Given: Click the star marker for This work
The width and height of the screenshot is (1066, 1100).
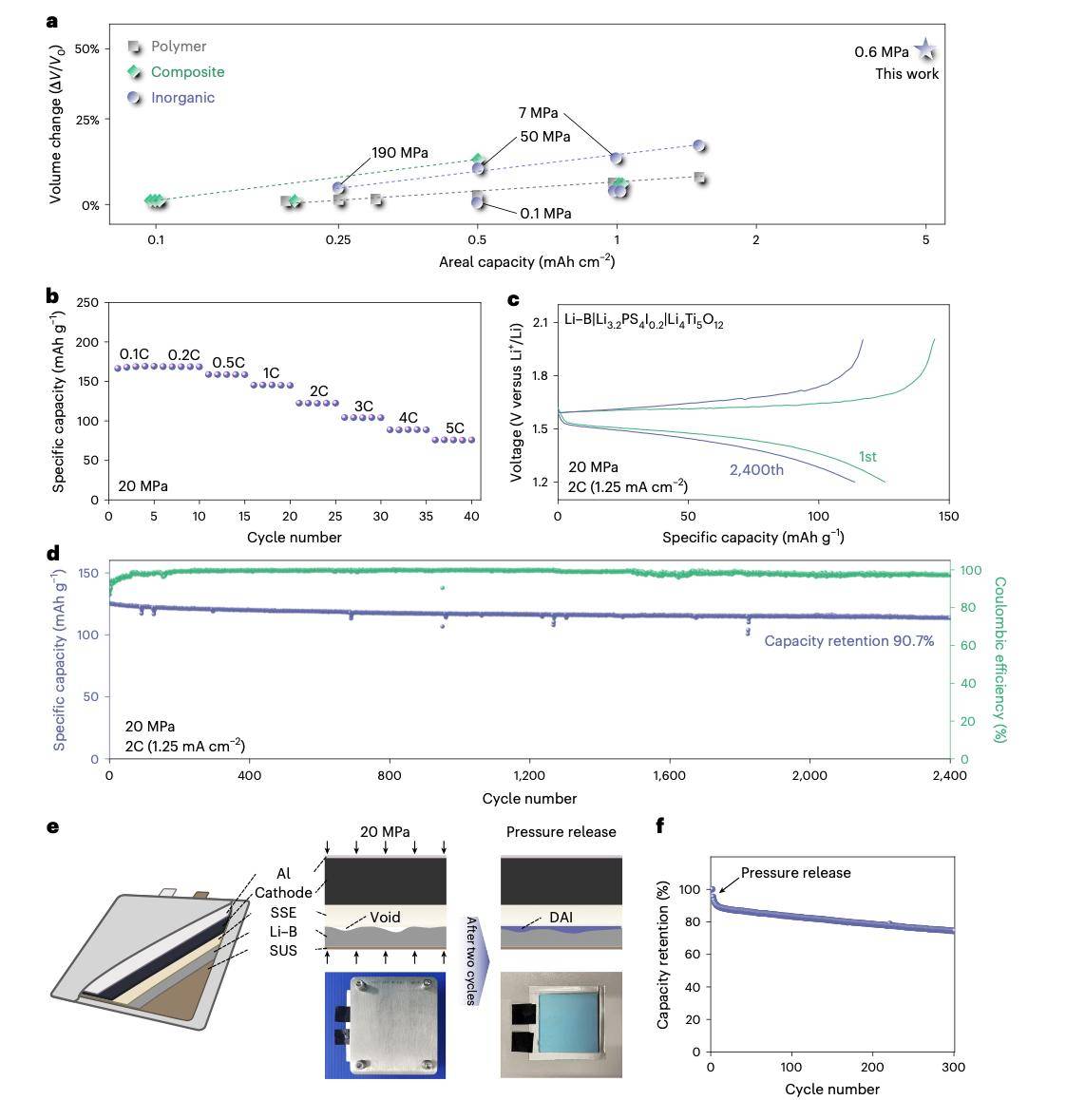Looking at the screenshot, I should (924, 50).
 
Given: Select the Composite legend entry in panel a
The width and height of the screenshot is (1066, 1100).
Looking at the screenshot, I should (187, 72).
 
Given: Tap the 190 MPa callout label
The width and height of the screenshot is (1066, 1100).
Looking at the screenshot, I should (399, 153).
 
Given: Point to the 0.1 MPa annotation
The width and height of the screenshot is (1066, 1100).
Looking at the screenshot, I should (545, 214).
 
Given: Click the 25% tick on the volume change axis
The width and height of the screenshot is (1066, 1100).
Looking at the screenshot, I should (86, 120).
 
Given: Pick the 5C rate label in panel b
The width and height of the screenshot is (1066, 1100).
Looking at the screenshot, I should (455, 428).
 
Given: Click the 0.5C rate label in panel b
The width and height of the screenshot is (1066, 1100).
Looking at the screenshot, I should (228, 363).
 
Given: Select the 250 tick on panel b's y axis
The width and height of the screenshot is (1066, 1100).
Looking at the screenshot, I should (87, 302).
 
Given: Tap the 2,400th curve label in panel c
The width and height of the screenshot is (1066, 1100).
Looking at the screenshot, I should (756, 470).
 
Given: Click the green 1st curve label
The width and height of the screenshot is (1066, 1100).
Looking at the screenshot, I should (867, 457).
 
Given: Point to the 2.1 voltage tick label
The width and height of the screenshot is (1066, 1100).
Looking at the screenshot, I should (540, 323).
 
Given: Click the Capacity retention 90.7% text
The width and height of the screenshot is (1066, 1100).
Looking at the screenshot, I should (848, 641).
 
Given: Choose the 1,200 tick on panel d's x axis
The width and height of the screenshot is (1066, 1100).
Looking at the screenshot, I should (529, 776).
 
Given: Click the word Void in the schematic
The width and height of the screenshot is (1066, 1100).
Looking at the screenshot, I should (385, 918).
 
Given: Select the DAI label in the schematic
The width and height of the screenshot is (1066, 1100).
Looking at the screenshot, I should (561, 918).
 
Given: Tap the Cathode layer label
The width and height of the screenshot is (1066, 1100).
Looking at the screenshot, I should (282, 893).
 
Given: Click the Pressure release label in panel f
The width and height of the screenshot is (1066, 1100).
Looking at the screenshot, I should (795, 873).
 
